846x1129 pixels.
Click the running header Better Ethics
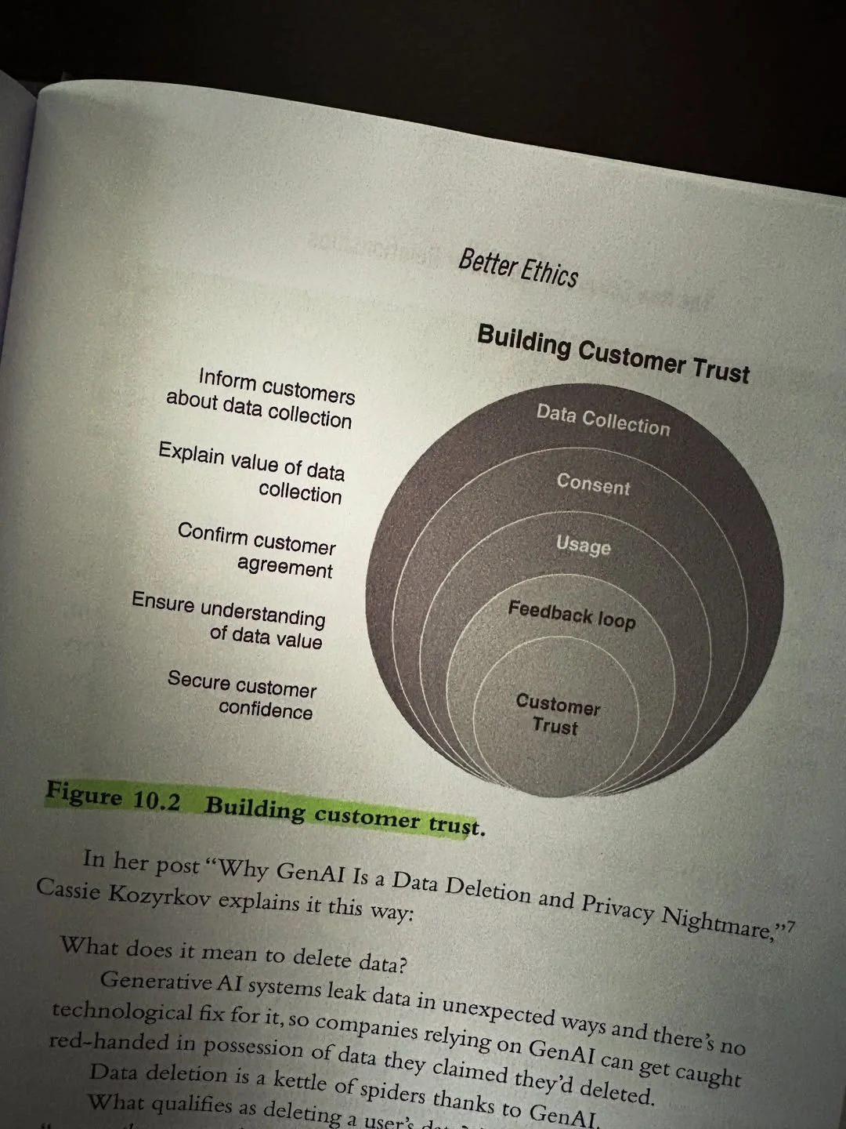click(x=519, y=267)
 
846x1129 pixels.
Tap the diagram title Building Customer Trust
click(x=613, y=354)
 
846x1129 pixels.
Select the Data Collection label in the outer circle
click(x=603, y=419)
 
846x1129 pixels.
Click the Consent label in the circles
click(x=593, y=484)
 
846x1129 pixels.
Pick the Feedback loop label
click(x=572, y=614)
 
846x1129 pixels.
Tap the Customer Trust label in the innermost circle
click(x=557, y=714)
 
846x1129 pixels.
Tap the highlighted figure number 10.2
click(x=156, y=800)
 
